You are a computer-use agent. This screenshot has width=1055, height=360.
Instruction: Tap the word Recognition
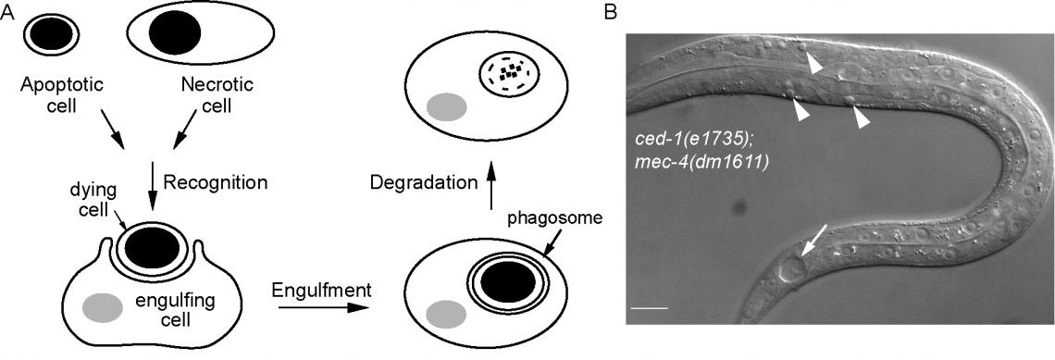215,181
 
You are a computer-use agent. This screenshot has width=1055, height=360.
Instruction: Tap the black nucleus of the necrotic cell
176,35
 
